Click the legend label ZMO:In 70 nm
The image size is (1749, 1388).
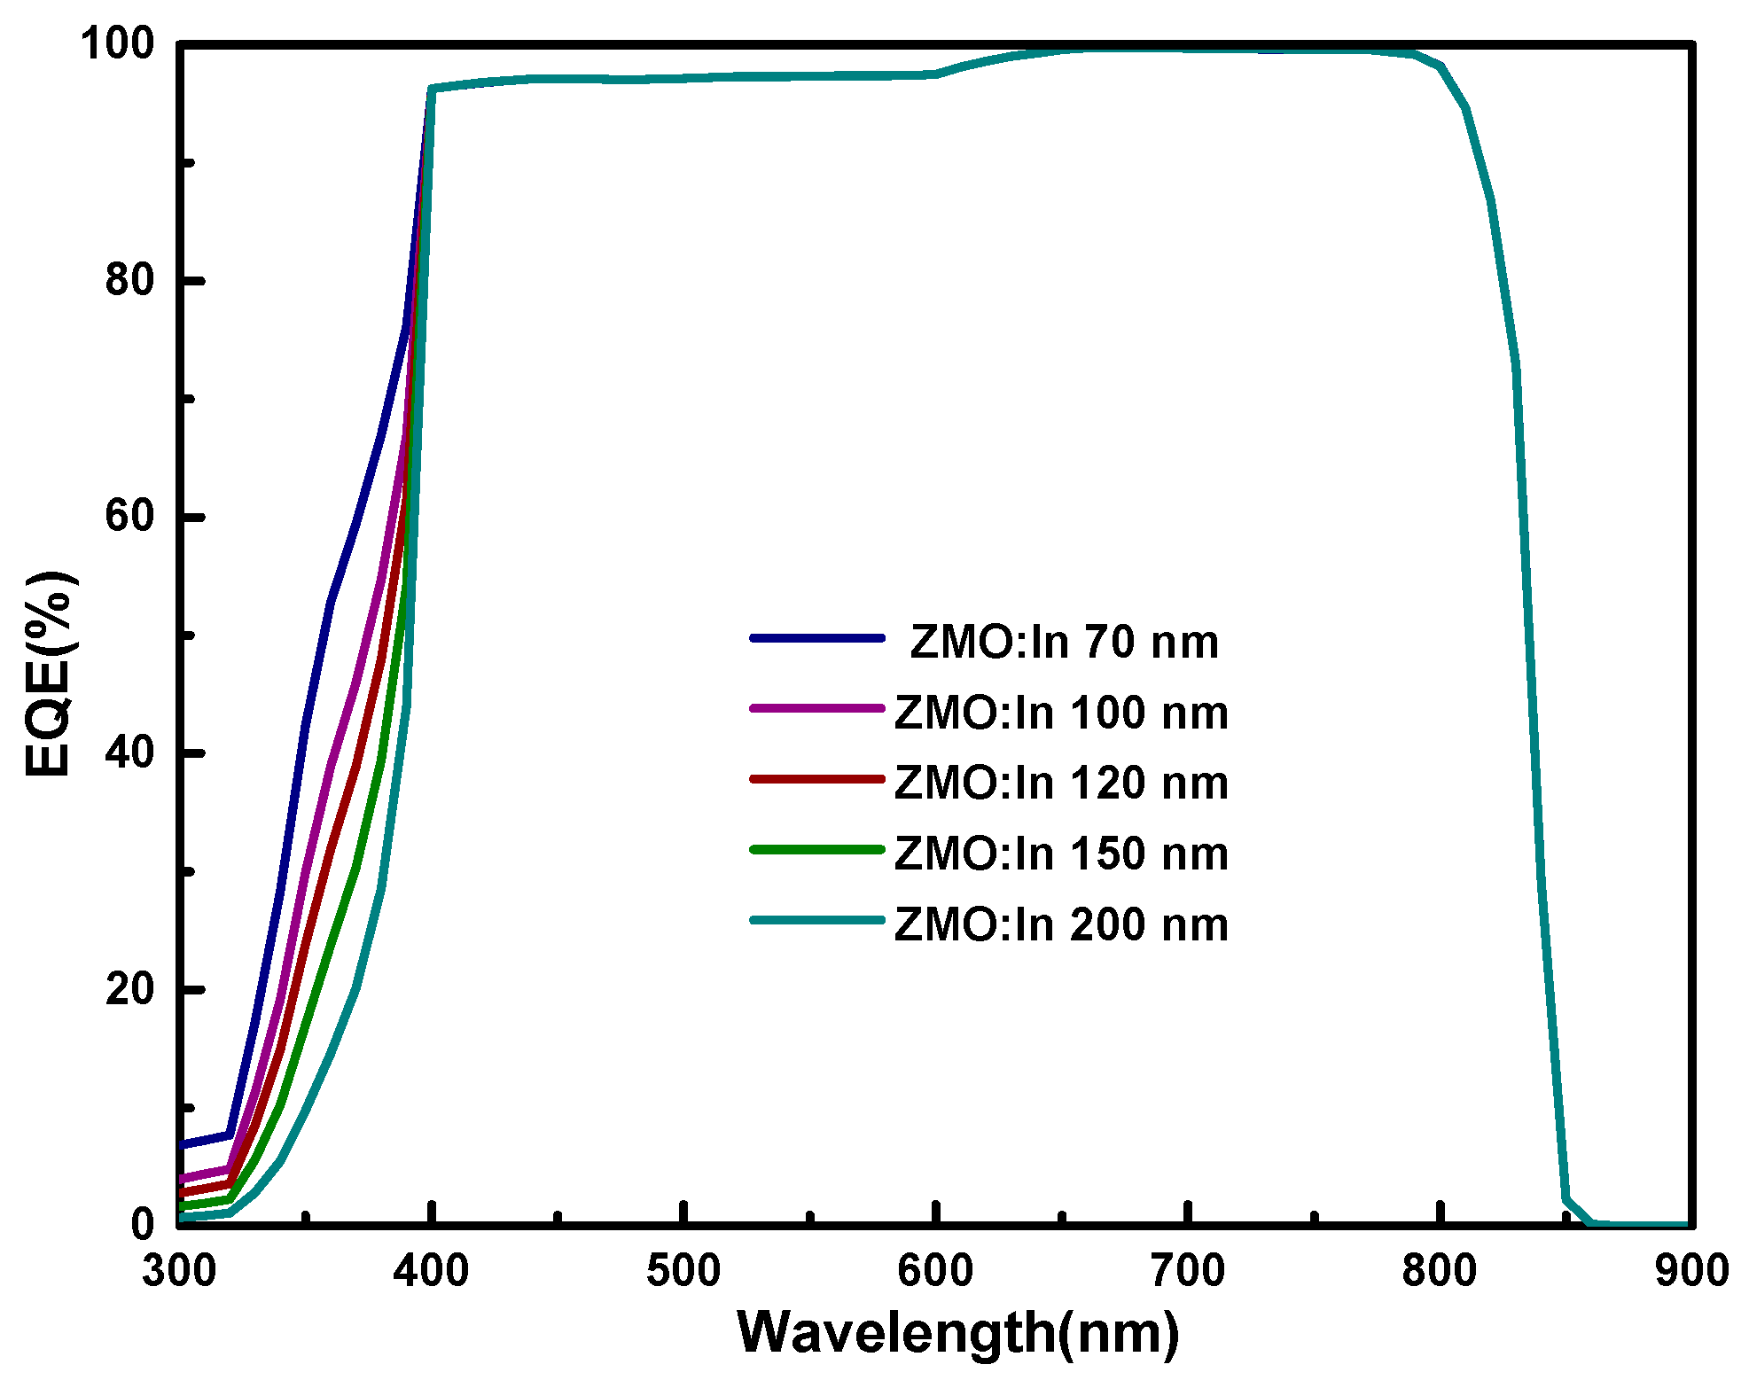(x=1064, y=642)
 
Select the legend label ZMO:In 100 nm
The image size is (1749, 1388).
(x=1061, y=713)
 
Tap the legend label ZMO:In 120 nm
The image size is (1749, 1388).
(x=1061, y=783)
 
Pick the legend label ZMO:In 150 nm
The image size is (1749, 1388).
(x=1061, y=854)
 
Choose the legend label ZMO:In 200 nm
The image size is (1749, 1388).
(x=1061, y=924)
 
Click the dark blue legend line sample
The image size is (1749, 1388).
(x=816, y=638)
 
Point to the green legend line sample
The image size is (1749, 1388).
(x=816, y=849)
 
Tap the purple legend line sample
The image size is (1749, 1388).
(x=816, y=708)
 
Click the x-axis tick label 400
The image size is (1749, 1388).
(x=431, y=1271)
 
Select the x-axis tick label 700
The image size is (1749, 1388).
(x=1187, y=1271)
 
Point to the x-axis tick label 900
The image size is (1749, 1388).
(x=1691, y=1271)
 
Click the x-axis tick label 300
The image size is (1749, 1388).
(x=179, y=1271)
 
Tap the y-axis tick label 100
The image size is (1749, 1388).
(x=117, y=44)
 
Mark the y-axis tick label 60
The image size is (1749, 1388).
(x=129, y=516)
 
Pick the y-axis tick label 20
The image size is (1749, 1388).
(x=129, y=988)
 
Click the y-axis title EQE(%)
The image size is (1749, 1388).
(x=48, y=674)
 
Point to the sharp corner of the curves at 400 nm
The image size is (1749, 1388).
(x=431, y=89)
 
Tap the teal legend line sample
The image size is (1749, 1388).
(x=816, y=920)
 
